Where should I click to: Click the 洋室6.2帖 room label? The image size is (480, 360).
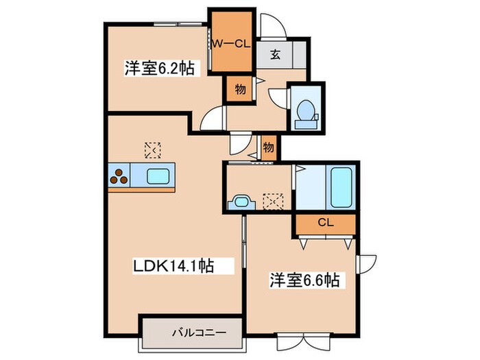[x=157, y=69]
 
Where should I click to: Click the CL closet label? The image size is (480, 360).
[x=325, y=223]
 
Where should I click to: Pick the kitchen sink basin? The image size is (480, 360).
[x=160, y=176]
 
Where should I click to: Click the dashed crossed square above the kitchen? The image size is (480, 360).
[x=152, y=148]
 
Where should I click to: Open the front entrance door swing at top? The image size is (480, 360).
[x=272, y=26]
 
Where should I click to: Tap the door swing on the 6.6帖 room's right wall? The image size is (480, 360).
[x=367, y=263]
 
